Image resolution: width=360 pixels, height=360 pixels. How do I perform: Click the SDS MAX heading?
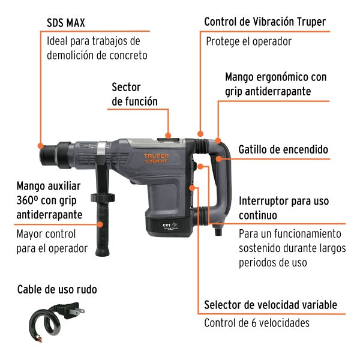(66, 23)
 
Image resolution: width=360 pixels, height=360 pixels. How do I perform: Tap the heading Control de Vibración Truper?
(265, 22)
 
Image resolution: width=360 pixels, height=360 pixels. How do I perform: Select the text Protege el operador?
(248, 41)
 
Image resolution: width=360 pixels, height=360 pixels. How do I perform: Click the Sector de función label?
(134, 95)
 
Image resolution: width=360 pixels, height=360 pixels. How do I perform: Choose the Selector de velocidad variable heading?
(270, 305)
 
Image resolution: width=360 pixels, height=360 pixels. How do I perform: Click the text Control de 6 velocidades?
(257, 323)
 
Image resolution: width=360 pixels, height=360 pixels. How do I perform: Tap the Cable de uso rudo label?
(57, 290)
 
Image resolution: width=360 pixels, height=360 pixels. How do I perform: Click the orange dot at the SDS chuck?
(39, 145)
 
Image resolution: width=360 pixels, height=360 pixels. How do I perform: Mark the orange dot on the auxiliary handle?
(100, 224)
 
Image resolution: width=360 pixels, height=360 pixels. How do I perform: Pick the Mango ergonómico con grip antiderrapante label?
(275, 85)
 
